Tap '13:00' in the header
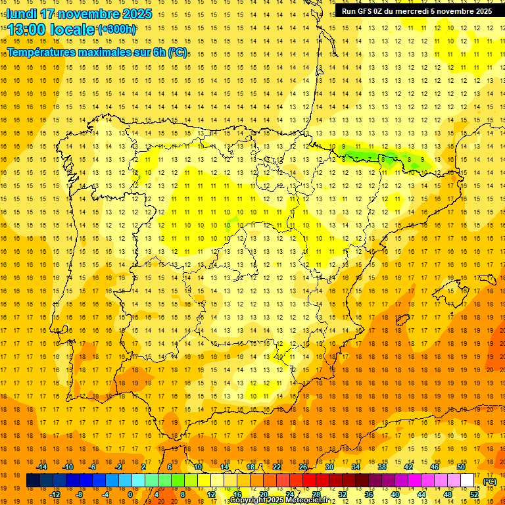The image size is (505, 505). point(28,30)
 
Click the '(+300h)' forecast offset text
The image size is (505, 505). point(116,30)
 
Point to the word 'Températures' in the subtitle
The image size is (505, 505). point(40,52)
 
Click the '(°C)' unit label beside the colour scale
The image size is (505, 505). point(490,481)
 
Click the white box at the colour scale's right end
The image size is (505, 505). point(467,481)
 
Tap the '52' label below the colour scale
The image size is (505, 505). point(474,494)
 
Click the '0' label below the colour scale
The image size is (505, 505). point(130,494)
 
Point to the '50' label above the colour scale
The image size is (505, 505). point(460,467)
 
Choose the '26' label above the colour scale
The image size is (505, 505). point(303,467)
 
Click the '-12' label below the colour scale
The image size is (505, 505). point(55,494)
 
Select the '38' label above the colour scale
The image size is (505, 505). point(382,467)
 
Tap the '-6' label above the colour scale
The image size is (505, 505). point(93,467)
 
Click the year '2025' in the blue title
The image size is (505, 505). point(135,14)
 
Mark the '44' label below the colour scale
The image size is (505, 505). point(421,494)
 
